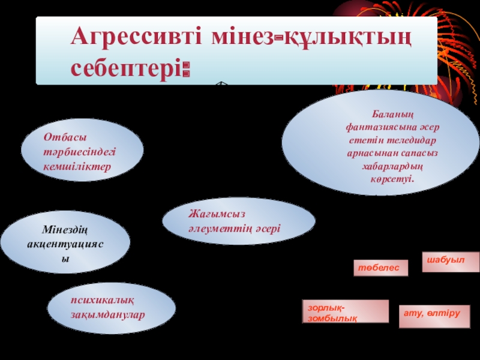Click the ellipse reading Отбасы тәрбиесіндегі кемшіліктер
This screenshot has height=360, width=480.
(82, 150)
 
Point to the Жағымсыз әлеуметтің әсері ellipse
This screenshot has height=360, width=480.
(239, 221)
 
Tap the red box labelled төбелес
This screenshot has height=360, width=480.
(380, 268)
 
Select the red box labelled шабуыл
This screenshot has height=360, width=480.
(451, 262)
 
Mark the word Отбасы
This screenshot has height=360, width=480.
(61, 137)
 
